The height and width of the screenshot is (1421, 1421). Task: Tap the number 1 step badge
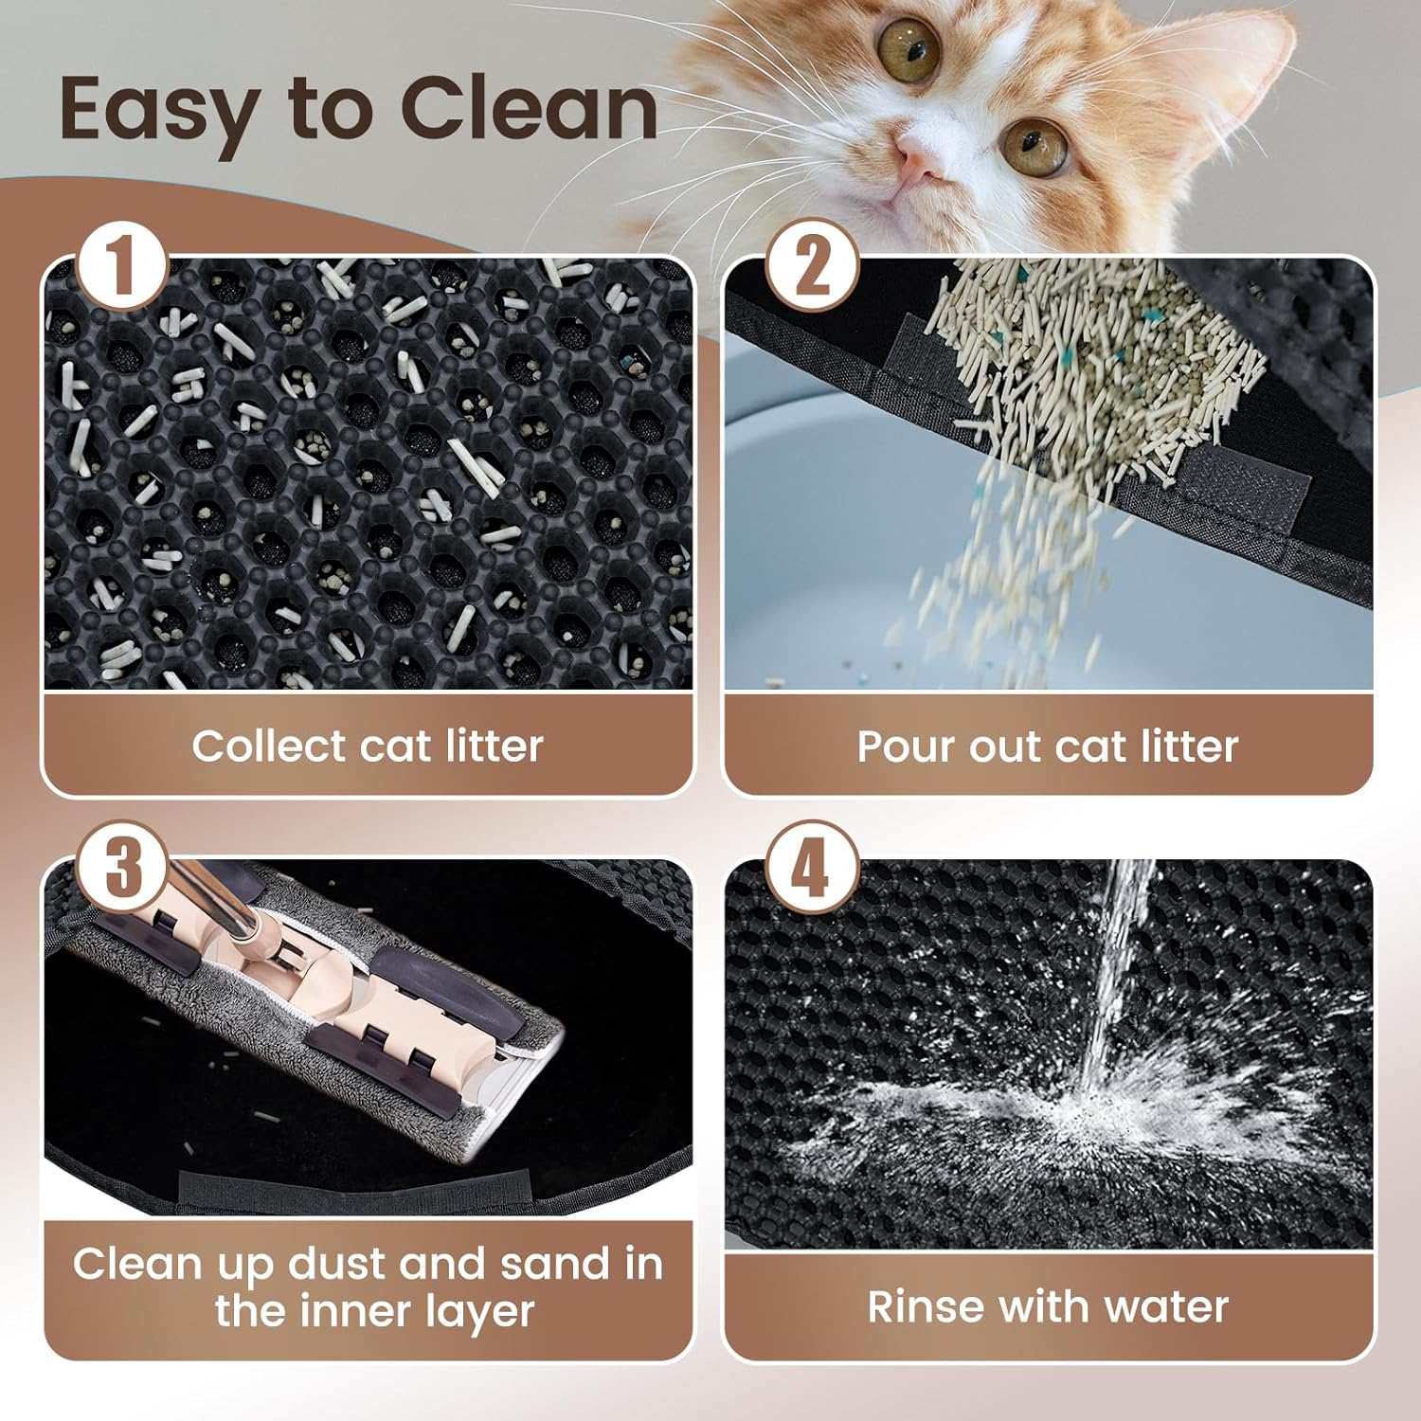pos(121,268)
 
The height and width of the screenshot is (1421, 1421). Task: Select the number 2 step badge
pos(812,268)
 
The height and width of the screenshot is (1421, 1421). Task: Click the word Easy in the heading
pos(156,112)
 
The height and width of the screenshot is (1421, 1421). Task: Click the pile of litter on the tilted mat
pos(1089,369)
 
